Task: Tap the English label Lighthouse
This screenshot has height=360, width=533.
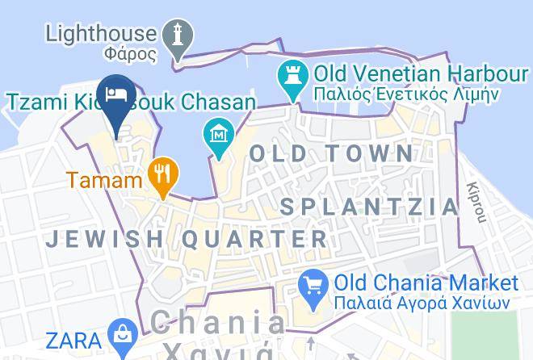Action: point(101,34)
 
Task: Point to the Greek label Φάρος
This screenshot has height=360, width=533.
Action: point(130,55)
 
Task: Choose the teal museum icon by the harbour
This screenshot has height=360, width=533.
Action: point(219,132)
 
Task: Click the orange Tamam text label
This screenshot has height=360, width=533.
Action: point(105,179)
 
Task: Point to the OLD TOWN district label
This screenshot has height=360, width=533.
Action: point(332,153)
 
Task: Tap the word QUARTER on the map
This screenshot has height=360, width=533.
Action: point(254,239)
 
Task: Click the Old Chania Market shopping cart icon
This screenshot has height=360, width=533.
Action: point(313,284)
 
